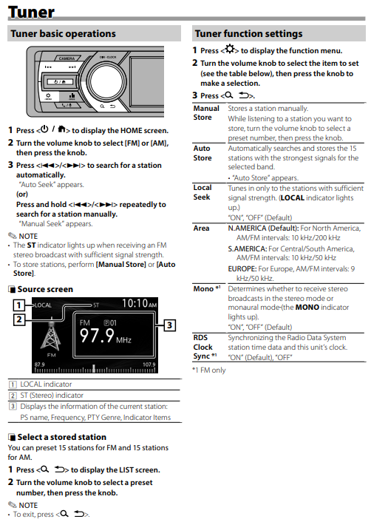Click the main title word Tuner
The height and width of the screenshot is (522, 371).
point(31,13)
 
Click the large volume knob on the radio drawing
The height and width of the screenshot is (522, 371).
point(106,81)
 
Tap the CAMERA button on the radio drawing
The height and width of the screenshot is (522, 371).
point(67,58)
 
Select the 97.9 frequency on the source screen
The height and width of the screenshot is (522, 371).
point(97,335)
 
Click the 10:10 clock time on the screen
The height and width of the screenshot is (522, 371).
point(135,303)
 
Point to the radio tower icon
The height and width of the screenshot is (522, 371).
point(51,334)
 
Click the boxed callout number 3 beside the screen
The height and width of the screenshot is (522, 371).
point(169,325)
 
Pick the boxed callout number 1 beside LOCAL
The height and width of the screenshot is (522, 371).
point(18,305)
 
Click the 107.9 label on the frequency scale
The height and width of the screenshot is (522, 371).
point(149,365)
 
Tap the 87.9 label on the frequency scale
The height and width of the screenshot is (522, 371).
point(40,365)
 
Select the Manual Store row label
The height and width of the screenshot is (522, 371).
point(206,113)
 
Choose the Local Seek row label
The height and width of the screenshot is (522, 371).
point(202,192)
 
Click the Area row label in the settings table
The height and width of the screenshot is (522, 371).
point(201,228)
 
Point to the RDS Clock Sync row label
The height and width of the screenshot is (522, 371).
point(205,347)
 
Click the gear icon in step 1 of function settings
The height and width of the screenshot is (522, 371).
point(230,50)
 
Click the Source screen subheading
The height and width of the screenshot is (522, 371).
point(45,289)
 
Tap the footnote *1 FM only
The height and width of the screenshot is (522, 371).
point(209,370)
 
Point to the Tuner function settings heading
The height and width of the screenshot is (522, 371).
point(248,33)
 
